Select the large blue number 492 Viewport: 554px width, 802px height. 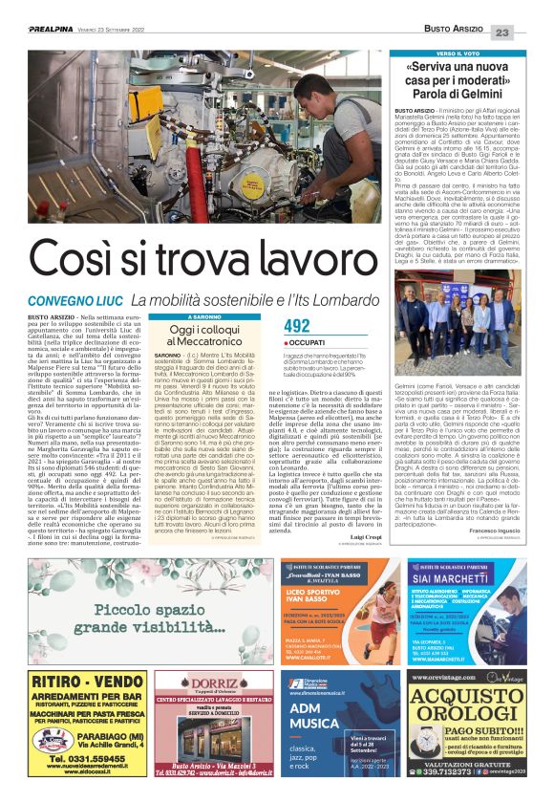point(297,327)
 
